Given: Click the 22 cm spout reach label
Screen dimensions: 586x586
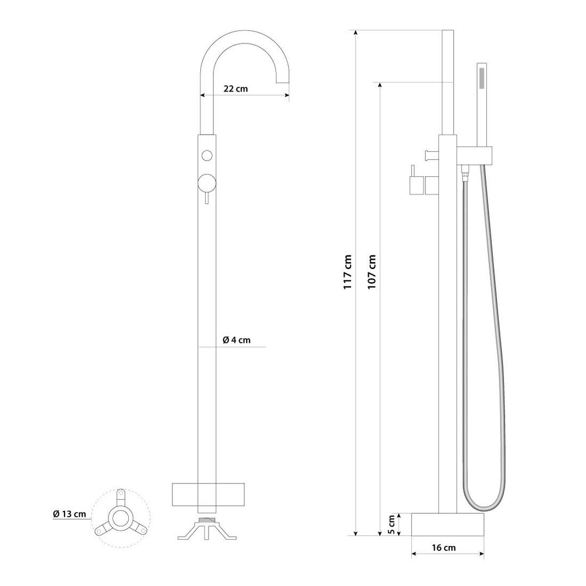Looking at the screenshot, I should pos(236,89).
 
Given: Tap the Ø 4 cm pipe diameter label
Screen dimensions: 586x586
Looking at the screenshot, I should pos(236,340).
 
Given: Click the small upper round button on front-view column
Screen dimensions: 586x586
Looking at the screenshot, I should pos(207,156).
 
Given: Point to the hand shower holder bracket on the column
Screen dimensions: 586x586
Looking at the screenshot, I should pos(476,155).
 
